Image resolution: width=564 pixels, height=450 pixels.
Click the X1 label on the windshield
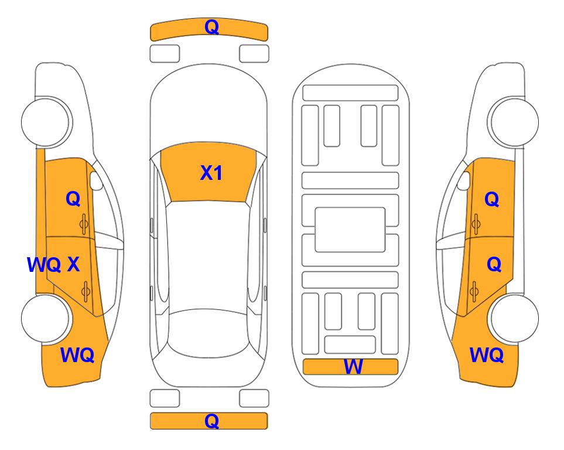(x=211, y=173)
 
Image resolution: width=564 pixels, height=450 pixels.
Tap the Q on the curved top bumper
(x=212, y=27)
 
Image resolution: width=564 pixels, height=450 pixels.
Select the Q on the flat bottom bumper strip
(x=211, y=421)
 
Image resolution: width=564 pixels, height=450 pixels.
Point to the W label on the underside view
(x=353, y=367)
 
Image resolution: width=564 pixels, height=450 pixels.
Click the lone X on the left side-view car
(x=73, y=264)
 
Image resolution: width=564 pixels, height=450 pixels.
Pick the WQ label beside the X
(x=44, y=265)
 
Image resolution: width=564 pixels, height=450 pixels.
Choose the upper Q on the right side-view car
(x=492, y=199)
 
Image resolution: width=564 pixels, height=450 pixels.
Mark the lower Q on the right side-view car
(x=494, y=265)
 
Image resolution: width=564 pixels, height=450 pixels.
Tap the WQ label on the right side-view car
(x=486, y=355)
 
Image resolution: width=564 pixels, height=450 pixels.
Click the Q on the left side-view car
(x=73, y=199)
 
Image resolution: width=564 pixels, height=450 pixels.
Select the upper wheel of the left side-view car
(x=46, y=122)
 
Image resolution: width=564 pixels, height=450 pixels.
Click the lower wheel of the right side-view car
(x=514, y=318)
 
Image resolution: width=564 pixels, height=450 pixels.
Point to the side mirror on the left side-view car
(x=96, y=180)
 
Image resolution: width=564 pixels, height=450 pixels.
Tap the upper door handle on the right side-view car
(x=476, y=224)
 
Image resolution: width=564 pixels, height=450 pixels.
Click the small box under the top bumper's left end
(x=165, y=54)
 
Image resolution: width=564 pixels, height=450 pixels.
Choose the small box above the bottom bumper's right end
(x=254, y=398)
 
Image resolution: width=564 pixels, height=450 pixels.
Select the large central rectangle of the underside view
(x=350, y=230)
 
